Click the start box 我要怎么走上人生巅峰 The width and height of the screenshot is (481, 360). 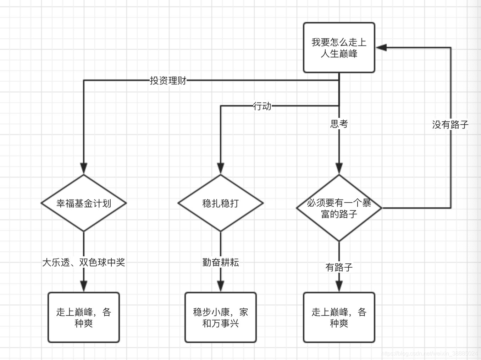(x=339, y=48)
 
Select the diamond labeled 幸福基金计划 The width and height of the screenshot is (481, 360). (x=84, y=203)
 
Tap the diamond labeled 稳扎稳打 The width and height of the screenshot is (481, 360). (x=220, y=203)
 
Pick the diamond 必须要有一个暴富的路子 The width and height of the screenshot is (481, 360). (x=339, y=208)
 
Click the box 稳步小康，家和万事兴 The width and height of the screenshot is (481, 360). (x=220, y=317)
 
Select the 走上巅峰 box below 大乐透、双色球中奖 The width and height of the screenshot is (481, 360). (x=84, y=317)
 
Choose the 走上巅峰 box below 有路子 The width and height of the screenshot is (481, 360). (x=339, y=317)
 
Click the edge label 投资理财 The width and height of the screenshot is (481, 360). (x=168, y=81)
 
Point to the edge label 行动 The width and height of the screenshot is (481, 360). (x=262, y=106)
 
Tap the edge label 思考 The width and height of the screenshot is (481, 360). (x=339, y=124)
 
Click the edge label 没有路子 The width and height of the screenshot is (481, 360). (x=450, y=125)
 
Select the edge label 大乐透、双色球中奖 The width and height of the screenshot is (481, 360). (x=84, y=262)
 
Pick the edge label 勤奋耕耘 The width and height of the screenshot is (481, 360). (x=220, y=262)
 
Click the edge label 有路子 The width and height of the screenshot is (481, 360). (x=339, y=267)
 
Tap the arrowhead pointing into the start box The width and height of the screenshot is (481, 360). (x=381, y=48)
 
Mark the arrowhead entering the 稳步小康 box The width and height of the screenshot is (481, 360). (x=220, y=286)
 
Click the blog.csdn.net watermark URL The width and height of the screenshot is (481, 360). (x=430, y=354)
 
